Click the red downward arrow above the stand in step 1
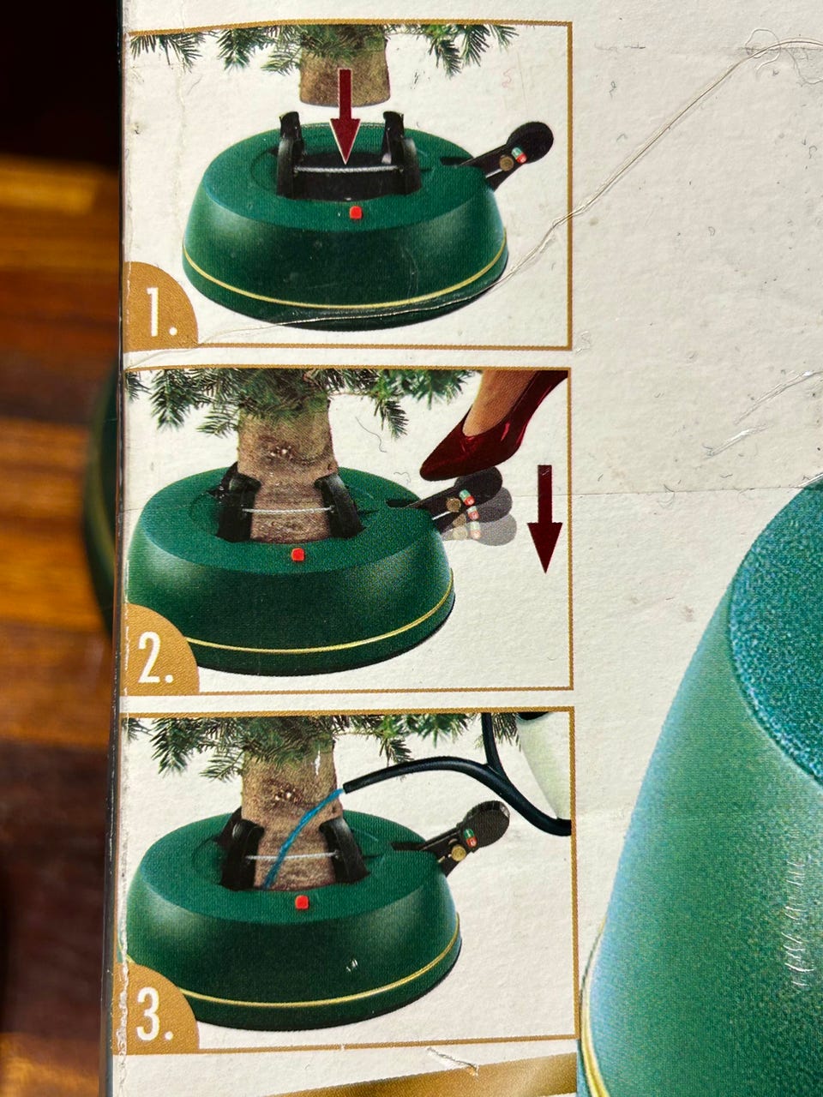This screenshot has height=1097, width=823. coord(345,116)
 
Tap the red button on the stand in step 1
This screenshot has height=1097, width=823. coord(355,213)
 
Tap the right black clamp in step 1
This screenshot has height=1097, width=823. coord(399,153)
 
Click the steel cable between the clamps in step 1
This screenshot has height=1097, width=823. coord(345,169)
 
